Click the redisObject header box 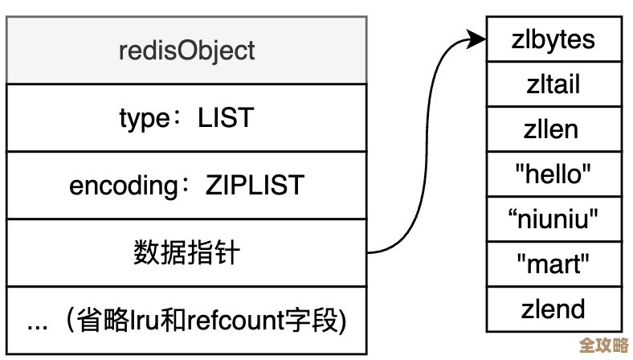click(186, 50)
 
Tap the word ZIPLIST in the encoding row click(254, 186)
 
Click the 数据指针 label click(186, 253)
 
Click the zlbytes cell click(553, 39)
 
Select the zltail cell click(553, 84)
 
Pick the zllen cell click(553, 129)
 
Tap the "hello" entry click(553, 173)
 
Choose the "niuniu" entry click(553, 218)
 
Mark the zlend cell click(553, 308)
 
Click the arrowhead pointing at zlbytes click(479, 38)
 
